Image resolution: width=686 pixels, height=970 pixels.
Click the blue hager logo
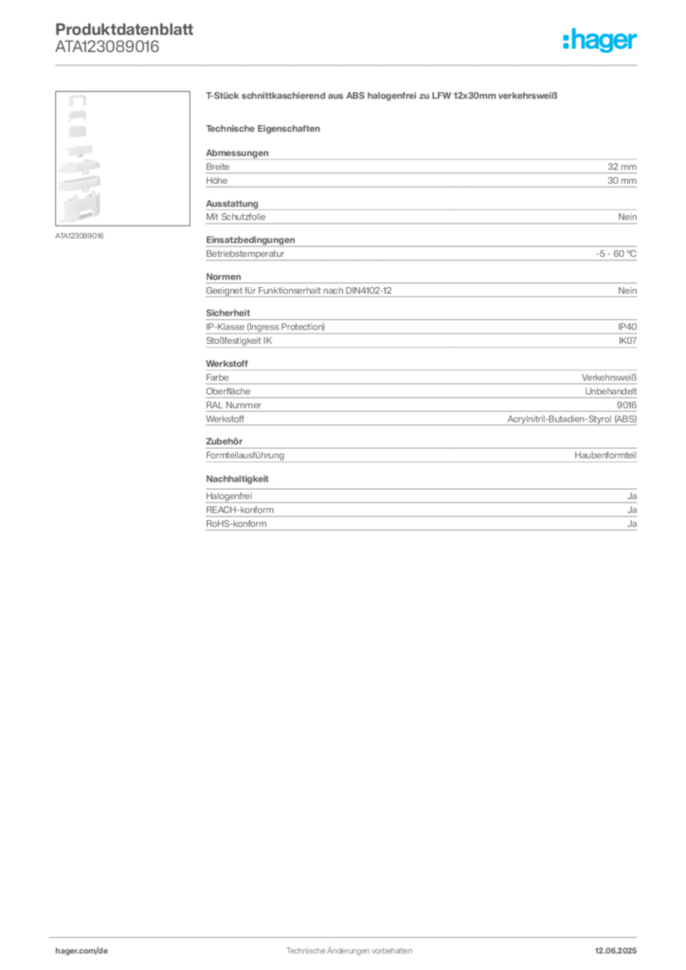pyautogui.click(x=602, y=42)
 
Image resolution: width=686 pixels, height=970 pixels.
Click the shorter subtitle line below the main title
pyautogui.click(x=265, y=128)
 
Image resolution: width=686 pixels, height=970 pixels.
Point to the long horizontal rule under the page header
pyautogui.click(x=348, y=64)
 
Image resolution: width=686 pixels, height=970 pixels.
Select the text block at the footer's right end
pyautogui.click(x=623, y=946)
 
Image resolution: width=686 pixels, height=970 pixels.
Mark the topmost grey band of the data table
pyautogui.click(x=420, y=171)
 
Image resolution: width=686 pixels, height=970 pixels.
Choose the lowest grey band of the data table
pyautogui.click(x=420, y=518)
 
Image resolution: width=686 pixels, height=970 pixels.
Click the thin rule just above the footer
pyautogui.click(x=348, y=935)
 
